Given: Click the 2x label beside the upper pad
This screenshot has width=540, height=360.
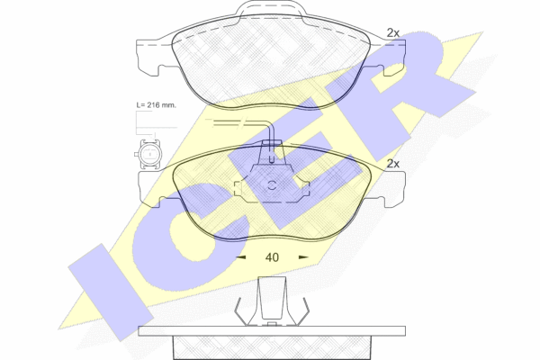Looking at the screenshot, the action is click(393, 33).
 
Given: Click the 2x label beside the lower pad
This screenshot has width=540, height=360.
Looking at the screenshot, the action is click(393, 164).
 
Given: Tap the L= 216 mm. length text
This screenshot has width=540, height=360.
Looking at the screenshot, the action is click(156, 105).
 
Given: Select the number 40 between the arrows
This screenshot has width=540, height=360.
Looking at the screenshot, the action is click(272, 257).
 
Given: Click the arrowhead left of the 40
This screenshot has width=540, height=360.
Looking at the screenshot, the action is click(240, 257).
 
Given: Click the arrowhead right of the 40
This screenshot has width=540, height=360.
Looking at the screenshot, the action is click(303, 257).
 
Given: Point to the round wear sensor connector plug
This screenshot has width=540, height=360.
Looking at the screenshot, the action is click(148, 155).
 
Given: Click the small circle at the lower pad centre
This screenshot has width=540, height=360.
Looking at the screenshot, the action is click(272, 185).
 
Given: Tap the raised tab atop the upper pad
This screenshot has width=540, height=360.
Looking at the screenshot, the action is click(271, 9).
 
